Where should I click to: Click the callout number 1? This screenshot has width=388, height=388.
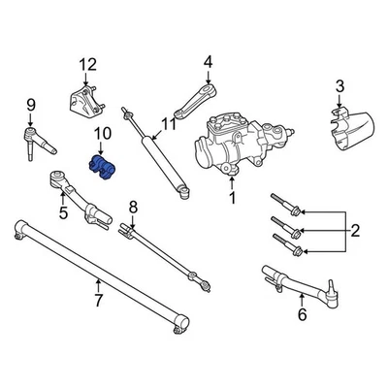231,199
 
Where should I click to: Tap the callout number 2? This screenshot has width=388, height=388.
355,231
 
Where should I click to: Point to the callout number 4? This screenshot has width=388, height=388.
207,63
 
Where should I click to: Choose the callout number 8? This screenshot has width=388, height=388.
134,206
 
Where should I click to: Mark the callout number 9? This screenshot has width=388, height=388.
30,105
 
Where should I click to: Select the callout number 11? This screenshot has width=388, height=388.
169,123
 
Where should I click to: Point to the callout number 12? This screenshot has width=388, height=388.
88,66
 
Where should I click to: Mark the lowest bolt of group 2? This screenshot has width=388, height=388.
290,243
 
